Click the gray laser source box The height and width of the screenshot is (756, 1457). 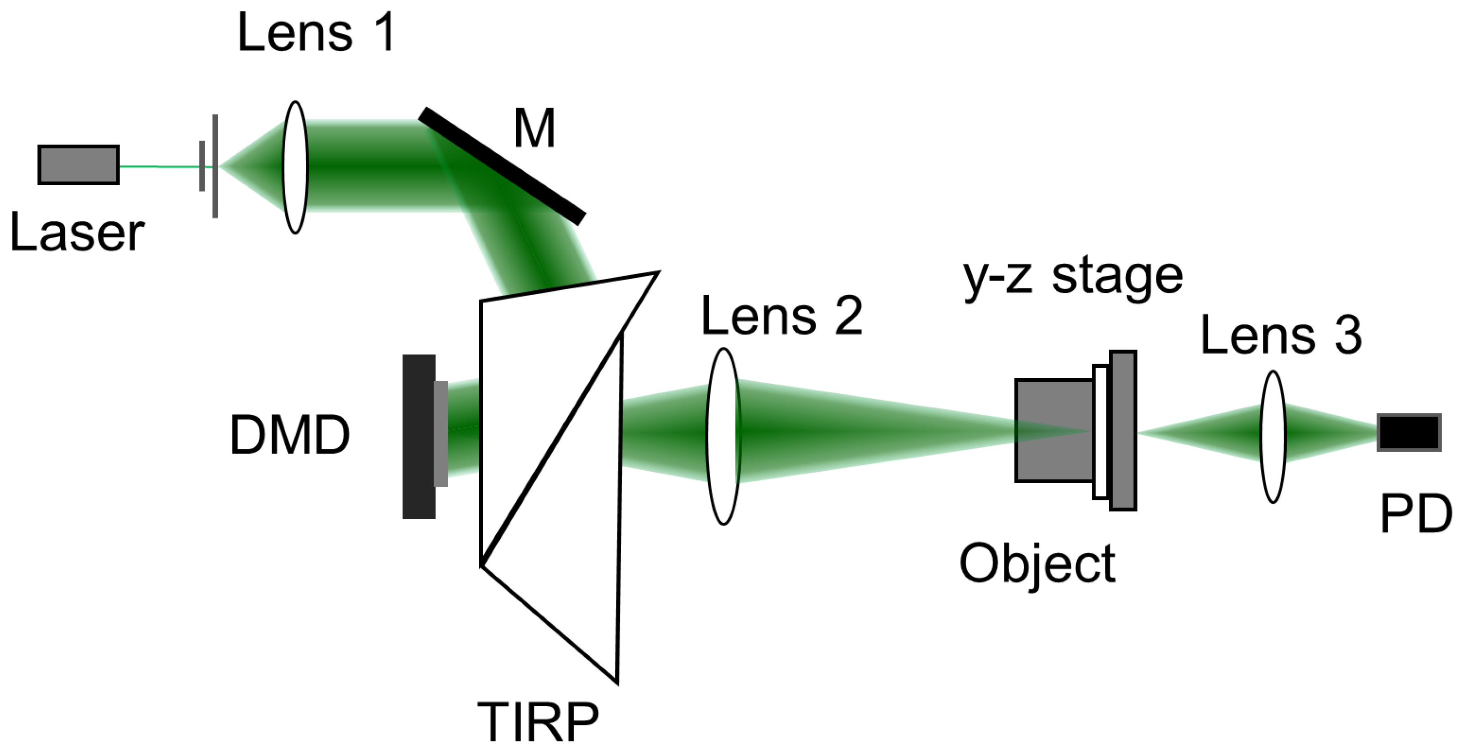tap(79, 165)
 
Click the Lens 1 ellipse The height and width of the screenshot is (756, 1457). tap(295, 167)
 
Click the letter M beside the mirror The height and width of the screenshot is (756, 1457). tap(535, 129)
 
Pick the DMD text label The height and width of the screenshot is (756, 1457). tap(289, 435)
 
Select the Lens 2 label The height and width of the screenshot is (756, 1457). tap(781, 316)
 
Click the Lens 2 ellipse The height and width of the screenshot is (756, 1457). tap(723, 437)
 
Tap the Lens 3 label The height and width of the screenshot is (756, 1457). tap(1280, 336)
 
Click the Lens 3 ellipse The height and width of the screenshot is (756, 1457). tap(1273, 437)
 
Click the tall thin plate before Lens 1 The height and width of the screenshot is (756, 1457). tap(215, 166)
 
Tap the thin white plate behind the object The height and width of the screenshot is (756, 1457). tap(1100, 433)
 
